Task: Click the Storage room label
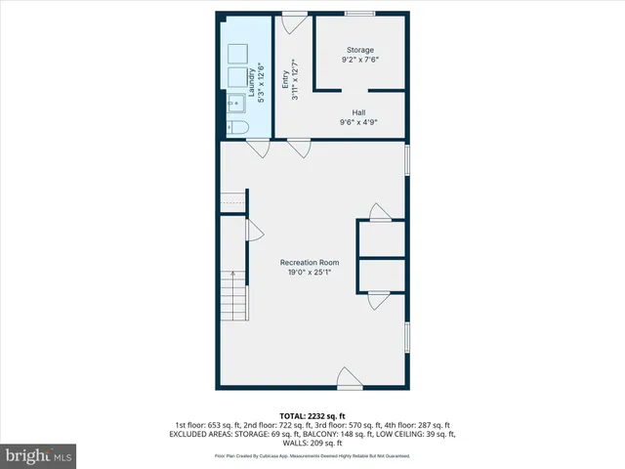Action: point(359,50)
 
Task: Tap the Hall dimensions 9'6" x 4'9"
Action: point(359,122)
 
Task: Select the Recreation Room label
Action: point(309,262)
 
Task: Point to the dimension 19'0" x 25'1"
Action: point(309,274)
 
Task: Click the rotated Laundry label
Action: point(252,76)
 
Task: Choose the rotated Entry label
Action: point(286,76)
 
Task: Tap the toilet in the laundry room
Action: point(237,128)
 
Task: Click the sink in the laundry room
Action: point(237,103)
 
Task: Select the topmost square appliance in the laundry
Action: point(237,53)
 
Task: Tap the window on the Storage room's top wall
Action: point(358,13)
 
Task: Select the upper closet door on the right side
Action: point(379,212)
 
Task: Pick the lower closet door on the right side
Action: point(379,301)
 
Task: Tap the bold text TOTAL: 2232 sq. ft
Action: point(312,414)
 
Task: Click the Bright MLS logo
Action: point(39,455)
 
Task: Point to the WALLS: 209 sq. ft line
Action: point(312,442)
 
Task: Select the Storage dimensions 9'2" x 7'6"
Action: point(359,61)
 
